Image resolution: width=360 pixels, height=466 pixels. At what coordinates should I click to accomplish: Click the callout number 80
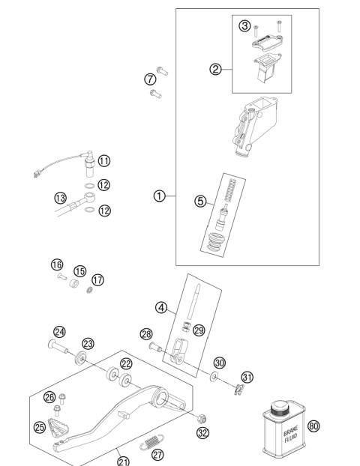313,426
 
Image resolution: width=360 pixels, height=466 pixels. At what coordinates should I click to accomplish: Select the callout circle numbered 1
158,196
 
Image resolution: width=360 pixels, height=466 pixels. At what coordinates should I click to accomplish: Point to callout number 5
200,201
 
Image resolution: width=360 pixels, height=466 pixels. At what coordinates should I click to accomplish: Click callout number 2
216,70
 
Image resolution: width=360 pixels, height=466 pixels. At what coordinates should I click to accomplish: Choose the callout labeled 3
244,25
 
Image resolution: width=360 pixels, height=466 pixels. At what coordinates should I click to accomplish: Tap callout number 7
150,79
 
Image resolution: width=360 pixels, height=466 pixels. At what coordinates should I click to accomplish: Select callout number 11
103,160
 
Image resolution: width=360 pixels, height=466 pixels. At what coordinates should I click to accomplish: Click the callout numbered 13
60,198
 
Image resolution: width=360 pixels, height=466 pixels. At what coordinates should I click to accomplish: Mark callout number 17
98,279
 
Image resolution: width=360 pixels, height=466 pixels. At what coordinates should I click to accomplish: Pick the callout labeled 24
59,333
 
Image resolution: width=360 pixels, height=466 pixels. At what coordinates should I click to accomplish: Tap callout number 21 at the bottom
122,460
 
